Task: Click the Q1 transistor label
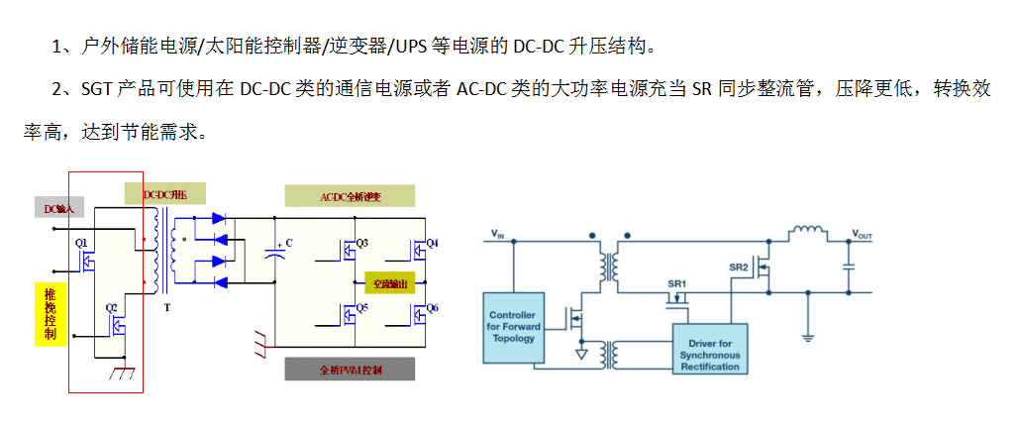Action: click(81, 242)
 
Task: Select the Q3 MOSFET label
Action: click(361, 243)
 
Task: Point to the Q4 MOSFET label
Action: click(432, 243)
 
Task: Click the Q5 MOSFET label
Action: click(362, 307)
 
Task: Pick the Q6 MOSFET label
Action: click(432, 307)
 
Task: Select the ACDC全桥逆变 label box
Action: click(350, 195)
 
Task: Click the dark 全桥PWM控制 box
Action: click(350, 370)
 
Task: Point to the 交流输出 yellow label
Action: click(389, 283)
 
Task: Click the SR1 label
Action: click(676, 283)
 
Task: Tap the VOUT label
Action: click(862, 236)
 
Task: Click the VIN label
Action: click(498, 236)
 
